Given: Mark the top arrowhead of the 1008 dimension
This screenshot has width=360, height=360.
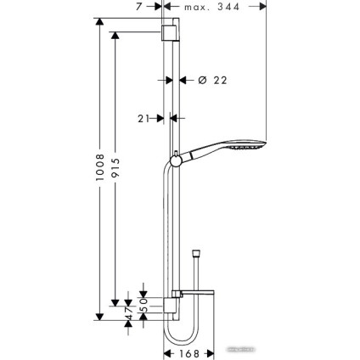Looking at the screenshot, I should [99, 21].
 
